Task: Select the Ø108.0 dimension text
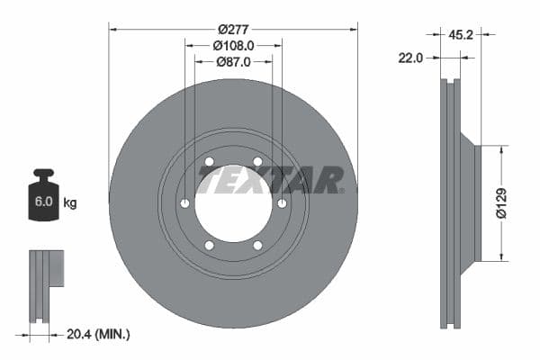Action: point(233,44)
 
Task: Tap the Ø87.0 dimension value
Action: point(233,61)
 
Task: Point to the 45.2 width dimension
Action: point(461,37)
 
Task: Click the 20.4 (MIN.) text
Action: point(99,334)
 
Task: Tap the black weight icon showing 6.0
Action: point(42,198)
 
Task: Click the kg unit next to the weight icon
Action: point(69,203)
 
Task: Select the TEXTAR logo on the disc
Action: point(270,180)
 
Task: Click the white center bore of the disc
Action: point(232,203)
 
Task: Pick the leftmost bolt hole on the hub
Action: point(184,203)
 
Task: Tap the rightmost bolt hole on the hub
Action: point(282,203)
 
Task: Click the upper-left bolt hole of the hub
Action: point(209,162)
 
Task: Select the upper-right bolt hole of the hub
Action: point(257,162)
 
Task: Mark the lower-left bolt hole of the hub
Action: point(209,245)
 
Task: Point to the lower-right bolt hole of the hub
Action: point(257,245)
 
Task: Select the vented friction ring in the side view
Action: point(450,203)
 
